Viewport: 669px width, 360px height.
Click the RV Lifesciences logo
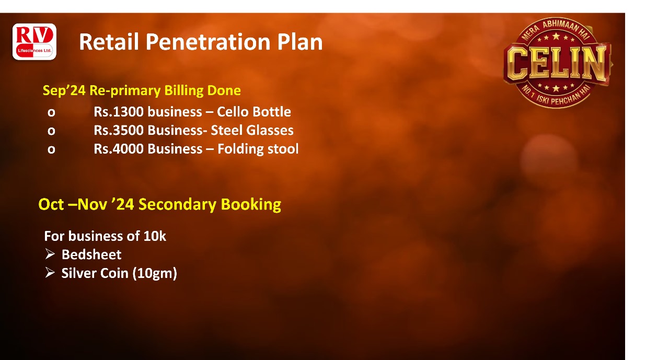pos(34,42)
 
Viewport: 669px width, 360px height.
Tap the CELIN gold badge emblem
pos(557,63)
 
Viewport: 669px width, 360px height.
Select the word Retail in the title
pos(109,42)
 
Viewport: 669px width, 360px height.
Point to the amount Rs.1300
pos(119,112)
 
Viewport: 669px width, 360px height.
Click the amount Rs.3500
pos(119,130)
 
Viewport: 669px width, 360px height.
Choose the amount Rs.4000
pos(119,149)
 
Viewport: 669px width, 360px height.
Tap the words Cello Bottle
pos(254,112)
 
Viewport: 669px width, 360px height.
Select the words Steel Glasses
pos(252,130)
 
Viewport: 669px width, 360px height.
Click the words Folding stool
pos(258,149)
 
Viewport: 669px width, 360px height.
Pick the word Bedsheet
pos(91,254)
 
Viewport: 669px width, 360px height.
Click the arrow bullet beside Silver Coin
pos(50,273)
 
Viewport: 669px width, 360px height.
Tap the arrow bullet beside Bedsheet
pos(50,254)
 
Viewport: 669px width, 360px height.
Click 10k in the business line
pos(155,236)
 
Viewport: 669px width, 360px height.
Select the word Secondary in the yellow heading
pos(177,204)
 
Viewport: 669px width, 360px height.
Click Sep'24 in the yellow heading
pos(64,91)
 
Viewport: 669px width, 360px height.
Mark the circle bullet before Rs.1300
pos(51,112)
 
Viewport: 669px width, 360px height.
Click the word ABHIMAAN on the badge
pos(561,26)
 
